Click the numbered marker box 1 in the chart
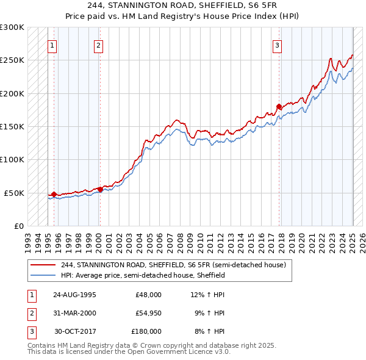click(x=52, y=45)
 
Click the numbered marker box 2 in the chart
click(x=98, y=45)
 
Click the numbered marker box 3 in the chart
click(x=277, y=45)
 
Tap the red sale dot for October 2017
click(x=279, y=107)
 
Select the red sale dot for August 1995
click(x=54, y=195)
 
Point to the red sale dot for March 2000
click(x=100, y=190)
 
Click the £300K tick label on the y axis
click(x=12, y=27)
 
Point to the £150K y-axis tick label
click(x=12, y=127)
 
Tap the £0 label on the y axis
click(x=18, y=226)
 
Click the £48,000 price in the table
click(x=148, y=294)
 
